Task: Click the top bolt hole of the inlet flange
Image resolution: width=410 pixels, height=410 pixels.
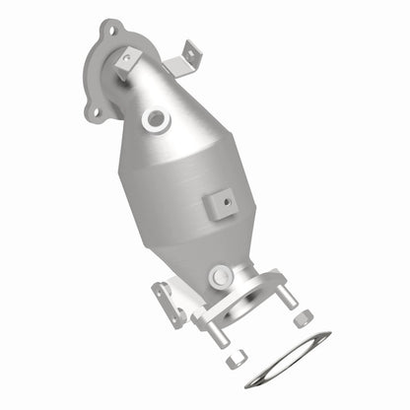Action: [109, 31]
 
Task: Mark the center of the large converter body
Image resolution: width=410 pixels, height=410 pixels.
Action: [187, 192]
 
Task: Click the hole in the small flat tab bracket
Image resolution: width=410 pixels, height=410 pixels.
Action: [126, 59]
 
